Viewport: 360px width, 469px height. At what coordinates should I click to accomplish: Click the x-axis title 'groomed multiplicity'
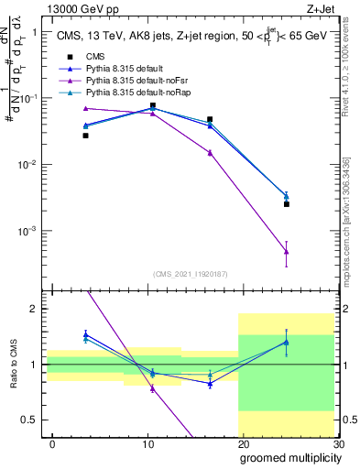click(x=286, y=457)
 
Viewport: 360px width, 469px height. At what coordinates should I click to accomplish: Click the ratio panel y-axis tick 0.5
click(x=32, y=420)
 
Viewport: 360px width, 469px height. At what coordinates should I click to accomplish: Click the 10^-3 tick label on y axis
click(x=27, y=231)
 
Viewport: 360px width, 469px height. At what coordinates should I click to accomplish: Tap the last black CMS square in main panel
click(x=287, y=204)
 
